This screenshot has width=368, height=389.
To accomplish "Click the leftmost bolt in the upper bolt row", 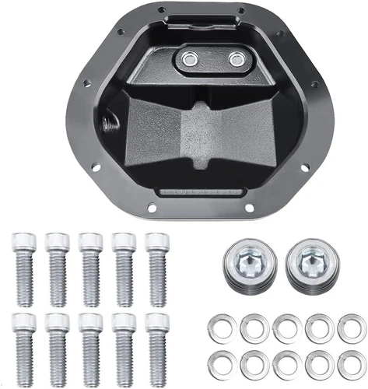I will pos(23,268).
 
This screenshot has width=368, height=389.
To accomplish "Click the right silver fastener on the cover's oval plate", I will pos(235,58).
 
